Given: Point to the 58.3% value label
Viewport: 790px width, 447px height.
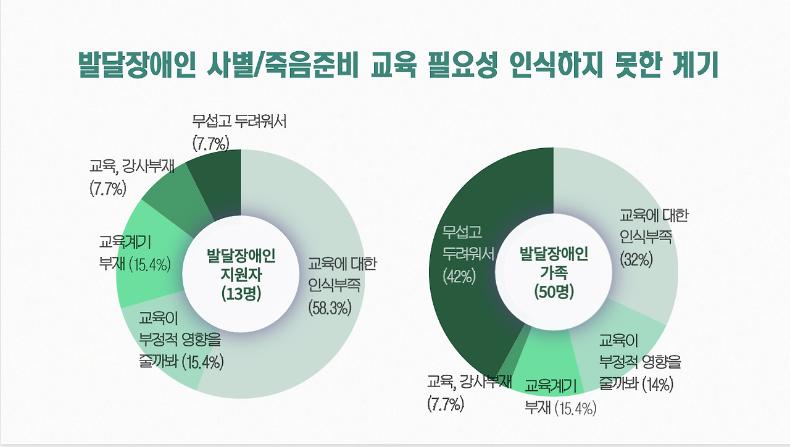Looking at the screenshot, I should coord(330,307).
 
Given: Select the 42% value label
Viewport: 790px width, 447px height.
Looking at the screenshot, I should coord(459,277).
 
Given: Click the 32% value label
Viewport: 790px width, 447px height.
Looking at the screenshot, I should coord(637,259).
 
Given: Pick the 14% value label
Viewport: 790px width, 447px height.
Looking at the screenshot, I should coord(658,383).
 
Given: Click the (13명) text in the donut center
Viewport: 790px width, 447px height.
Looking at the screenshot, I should coord(241,294).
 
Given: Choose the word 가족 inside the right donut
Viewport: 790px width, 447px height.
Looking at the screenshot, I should coord(554,272).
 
